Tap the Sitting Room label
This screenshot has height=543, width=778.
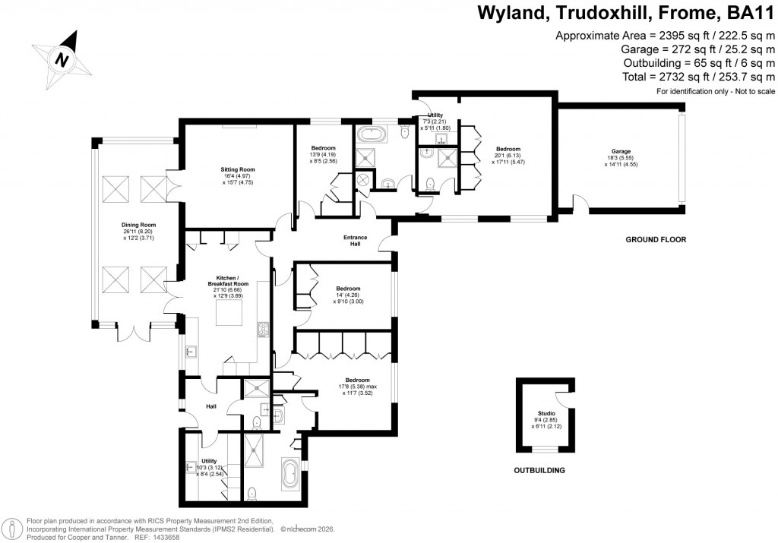[238, 169]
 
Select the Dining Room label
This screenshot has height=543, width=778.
[139, 225]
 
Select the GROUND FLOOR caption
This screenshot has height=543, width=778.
[655, 240]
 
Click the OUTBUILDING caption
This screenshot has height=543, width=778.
[539, 471]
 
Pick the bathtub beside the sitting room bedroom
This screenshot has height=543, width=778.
[374, 137]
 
